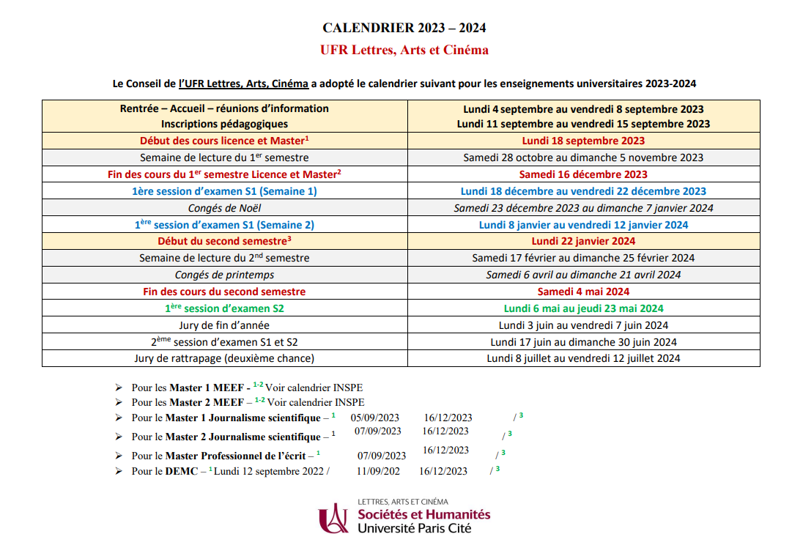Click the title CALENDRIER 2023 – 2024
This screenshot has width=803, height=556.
(x=404, y=29)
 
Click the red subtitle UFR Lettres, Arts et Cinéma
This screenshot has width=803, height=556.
(x=404, y=51)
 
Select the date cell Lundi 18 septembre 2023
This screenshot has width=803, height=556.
(x=583, y=141)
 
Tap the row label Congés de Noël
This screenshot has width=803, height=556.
(x=224, y=208)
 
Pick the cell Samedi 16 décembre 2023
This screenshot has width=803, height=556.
(x=583, y=174)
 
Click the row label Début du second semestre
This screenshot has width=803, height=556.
(x=224, y=241)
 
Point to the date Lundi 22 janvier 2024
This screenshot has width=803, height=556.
(x=583, y=241)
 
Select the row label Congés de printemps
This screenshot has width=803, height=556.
(x=224, y=275)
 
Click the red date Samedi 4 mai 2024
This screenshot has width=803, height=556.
(x=583, y=292)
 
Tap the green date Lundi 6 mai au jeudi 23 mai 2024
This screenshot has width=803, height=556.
(x=583, y=308)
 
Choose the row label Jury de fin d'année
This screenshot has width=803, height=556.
(x=224, y=325)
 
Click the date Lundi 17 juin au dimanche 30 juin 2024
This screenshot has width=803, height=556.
(x=583, y=342)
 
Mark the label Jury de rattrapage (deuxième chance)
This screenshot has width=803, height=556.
(x=224, y=358)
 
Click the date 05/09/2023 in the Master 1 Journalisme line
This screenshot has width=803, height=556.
(x=374, y=418)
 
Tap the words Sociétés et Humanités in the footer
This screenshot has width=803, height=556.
(x=423, y=514)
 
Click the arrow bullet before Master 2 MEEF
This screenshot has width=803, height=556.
(x=119, y=402)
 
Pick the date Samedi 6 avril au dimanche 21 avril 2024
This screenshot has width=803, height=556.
(x=583, y=275)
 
